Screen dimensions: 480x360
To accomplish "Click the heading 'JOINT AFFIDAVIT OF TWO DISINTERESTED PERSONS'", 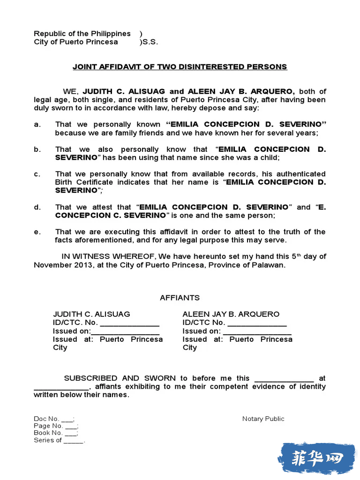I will pos(180,67).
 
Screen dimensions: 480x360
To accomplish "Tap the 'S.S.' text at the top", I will pos(150,42).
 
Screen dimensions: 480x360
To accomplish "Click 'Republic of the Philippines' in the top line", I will pos(82,34).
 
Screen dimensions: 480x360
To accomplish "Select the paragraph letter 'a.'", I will pos(37,125).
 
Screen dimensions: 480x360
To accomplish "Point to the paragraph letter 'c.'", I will pos(37,174).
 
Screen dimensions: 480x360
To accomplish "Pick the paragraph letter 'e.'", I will pos(37,232).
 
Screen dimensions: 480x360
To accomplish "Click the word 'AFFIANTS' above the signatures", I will pos(180,298).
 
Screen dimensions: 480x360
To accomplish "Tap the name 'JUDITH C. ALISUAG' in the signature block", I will pos(91,314).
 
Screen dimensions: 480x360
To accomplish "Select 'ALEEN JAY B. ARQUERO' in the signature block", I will pos(231,314).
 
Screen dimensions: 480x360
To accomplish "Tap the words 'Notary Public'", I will pos(263,419).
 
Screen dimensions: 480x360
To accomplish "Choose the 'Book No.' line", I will pos(55,433).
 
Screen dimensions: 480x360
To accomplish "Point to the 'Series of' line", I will pos(59,441).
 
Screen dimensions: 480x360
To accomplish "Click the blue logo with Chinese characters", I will pos(317,458).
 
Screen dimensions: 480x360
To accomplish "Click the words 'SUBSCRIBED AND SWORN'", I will pos(120,378).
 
